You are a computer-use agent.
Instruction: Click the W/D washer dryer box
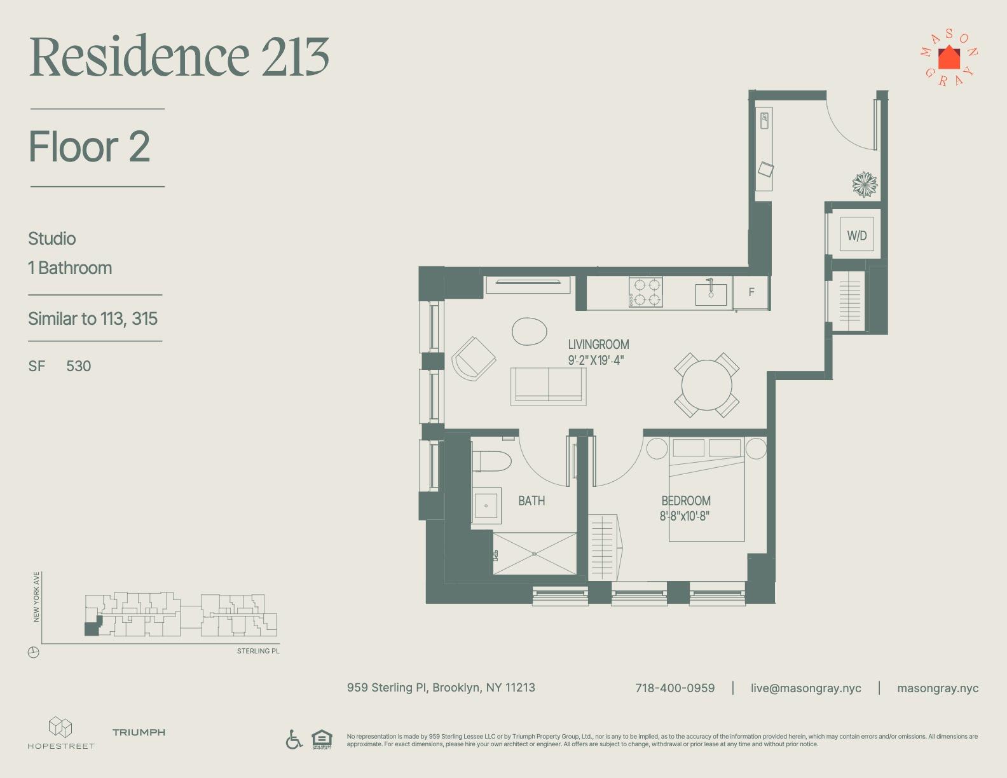click(856, 236)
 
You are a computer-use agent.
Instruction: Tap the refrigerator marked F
click(751, 292)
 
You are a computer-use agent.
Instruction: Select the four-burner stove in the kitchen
click(646, 292)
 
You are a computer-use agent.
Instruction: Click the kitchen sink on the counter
click(711, 294)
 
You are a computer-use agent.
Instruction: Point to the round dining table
click(706, 385)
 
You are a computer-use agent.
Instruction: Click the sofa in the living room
click(548, 386)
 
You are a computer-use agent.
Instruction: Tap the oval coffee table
click(530, 331)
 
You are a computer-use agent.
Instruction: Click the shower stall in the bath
click(534, 554)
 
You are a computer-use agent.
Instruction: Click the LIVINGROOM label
click(598, 345)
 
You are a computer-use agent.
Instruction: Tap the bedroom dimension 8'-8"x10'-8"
click(684, 516)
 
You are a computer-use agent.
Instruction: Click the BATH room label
click(531, 501)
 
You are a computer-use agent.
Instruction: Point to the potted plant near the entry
click(865, 184)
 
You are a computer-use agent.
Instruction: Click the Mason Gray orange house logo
click(949, 58)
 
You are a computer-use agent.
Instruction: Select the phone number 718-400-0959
click(675, 688)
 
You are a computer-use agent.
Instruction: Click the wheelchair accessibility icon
click(294, 739)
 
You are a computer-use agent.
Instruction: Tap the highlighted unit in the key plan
click(92, 629)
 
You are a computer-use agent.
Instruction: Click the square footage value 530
click(79, 366)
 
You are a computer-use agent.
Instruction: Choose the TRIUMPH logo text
click(139, 732)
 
